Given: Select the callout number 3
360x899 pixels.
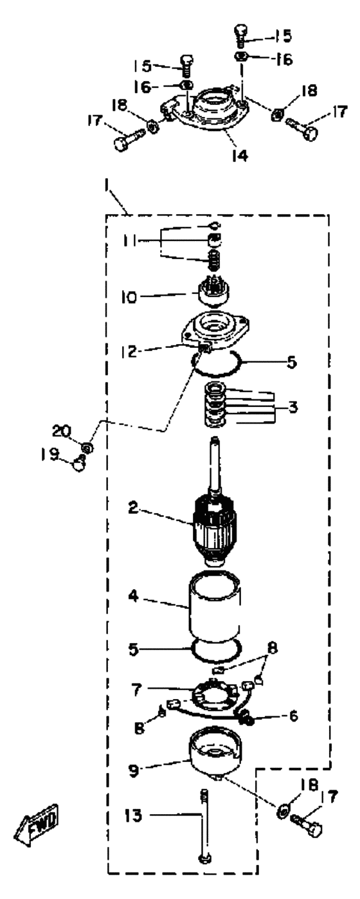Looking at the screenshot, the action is coord(292,407).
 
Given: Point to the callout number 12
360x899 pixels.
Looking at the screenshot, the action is coord(129,352).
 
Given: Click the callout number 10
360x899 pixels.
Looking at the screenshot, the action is coord(129,297).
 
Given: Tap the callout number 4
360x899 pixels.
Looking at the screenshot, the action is coord(134,596).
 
